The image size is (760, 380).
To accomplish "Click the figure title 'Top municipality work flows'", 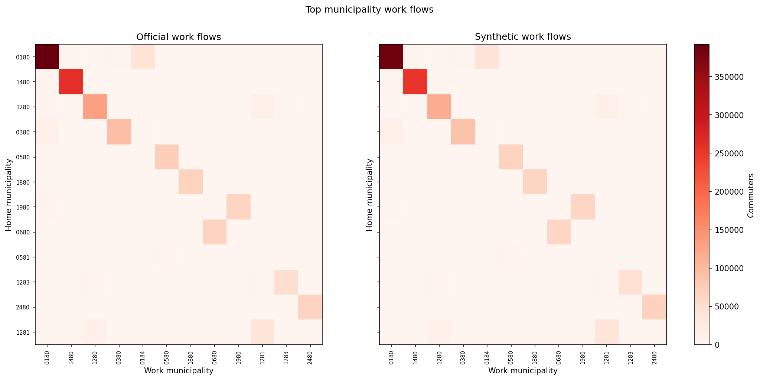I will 369,10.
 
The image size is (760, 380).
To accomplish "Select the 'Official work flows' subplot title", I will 179,37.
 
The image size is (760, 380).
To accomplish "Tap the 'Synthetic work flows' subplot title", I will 523,37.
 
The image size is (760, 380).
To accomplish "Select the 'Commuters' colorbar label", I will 751,195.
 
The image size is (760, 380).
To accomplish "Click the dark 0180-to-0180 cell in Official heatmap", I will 47,56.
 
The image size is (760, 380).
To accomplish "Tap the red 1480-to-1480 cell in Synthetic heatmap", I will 415,82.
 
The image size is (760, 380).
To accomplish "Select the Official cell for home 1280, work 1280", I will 95,107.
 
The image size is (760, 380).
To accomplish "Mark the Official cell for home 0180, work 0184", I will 143,56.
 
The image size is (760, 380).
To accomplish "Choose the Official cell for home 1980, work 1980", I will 238,207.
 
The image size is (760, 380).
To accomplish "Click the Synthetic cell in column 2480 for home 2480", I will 654,307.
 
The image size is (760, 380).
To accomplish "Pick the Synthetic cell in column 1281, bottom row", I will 606,332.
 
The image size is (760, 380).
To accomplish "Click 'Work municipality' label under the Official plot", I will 179,370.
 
